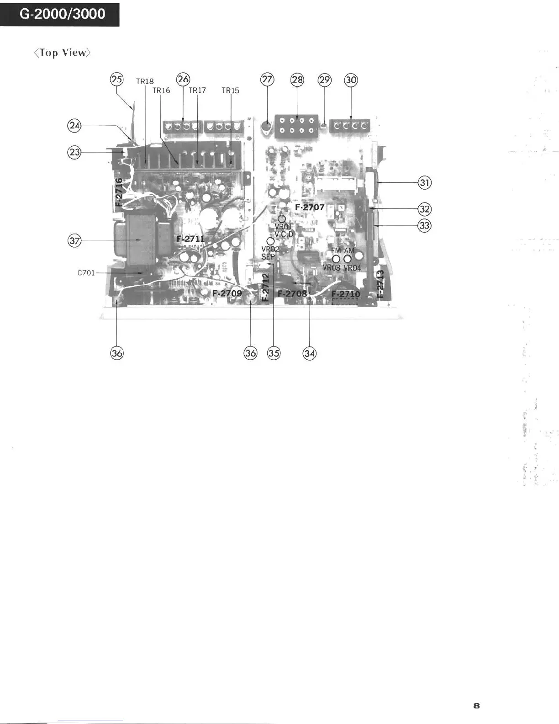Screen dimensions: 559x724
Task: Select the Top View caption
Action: [x=62, y=53]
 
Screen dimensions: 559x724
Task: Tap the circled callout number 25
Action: [x=117, y=79]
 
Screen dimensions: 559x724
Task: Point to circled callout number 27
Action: [x=267, y=80]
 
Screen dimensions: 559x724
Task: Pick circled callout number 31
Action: [x=425, y=183]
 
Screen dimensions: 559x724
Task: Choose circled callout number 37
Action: [x=74, y=240]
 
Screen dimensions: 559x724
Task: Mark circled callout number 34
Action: [x=310, y=353]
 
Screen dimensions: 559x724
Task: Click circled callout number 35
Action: [x=274, y=353]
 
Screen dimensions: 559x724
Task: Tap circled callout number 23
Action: [x=74, y=152]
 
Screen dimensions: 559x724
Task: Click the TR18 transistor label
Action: [x=145, y=81]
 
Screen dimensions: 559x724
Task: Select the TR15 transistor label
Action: [x=230, y=90]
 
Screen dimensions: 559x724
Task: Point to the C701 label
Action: [x=86, y=273]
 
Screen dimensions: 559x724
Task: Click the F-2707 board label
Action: [x=310, y=207]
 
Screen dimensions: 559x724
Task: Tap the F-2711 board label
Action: [x=190, y=239]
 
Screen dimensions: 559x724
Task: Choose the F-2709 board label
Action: [x=227, y=293]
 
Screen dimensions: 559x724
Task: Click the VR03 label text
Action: [x=332, y=268]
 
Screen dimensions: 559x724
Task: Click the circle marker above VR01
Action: [x=282, y=219]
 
